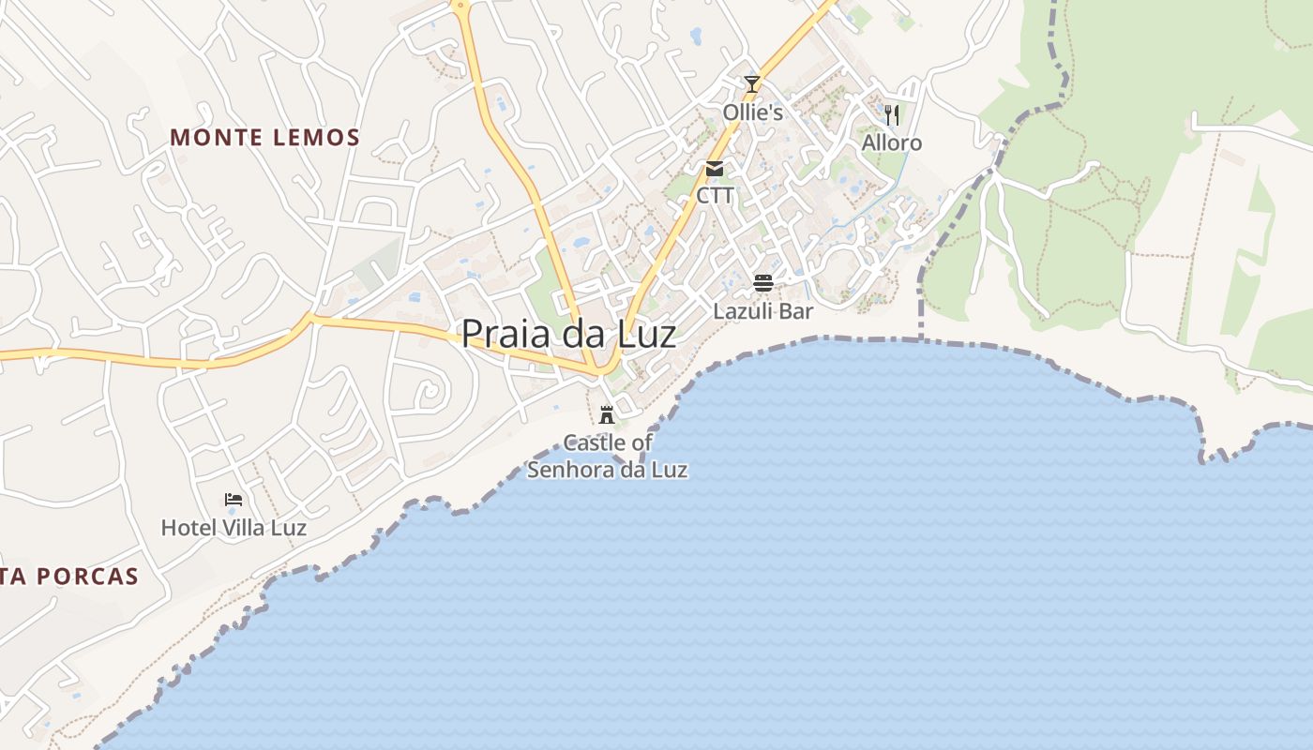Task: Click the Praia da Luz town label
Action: point(568,334)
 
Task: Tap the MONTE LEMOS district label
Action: point(265,138)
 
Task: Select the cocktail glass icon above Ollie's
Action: point(751,84)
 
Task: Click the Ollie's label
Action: point(752,112)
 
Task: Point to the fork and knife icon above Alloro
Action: point(892,114)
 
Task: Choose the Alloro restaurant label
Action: point(892,142)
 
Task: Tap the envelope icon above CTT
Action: point(715,169)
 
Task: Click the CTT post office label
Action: point(715,196)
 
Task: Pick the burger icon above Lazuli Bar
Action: point(763,282)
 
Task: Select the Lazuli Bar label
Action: point(763,310)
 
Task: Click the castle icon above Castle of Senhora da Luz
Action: point(607,414)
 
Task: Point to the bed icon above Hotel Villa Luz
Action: point(234,500)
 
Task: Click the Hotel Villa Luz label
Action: point(234,528)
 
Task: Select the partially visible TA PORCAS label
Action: point(69,577)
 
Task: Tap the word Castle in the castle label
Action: point(590,442)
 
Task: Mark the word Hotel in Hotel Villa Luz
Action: point(182,528)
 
